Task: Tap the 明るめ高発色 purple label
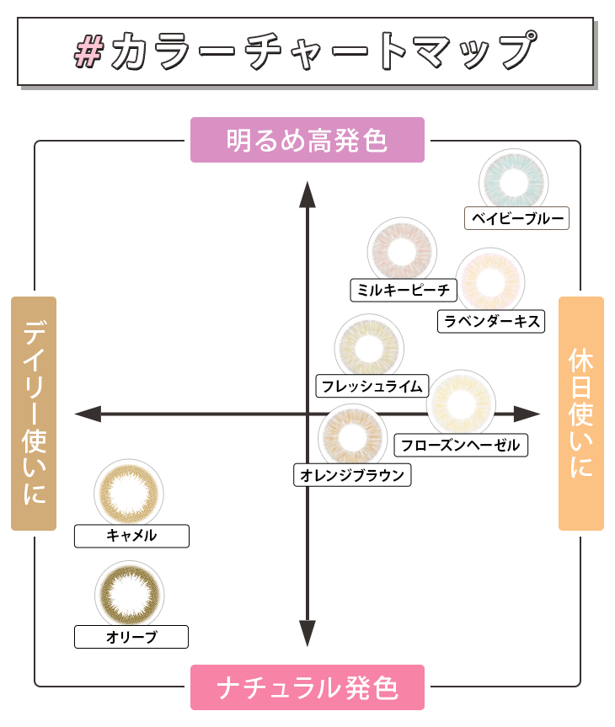[x=307, y=140]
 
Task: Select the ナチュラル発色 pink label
[x=307, y=687]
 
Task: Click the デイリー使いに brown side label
[x=34, y=413]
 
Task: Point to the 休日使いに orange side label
[x=581, y=413]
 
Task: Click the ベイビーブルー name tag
[x=517, y=218]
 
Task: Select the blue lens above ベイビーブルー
[x=513, y=182]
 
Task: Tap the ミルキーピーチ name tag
[x=404, y=290]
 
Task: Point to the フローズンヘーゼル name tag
[x=461, y=445]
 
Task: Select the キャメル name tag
[x=131, y=536]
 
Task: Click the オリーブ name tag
[x=131, y=637]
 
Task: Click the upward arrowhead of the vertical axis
[x=307, y=192]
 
